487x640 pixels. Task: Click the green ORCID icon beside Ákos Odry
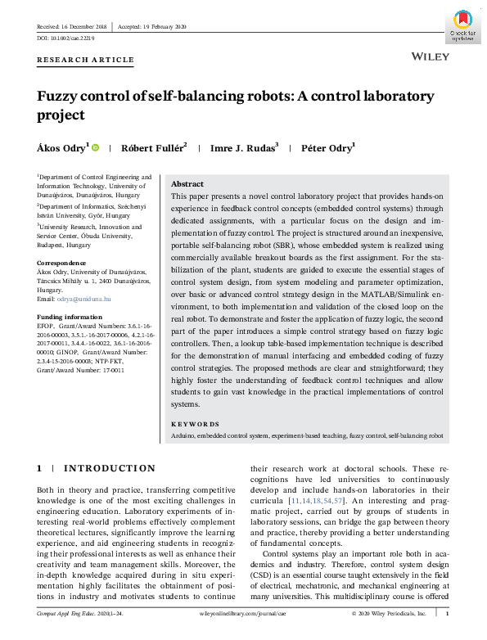[x=96, y=147]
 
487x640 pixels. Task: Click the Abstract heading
[x=187, y=185]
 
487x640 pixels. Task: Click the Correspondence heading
[x=62, y=263]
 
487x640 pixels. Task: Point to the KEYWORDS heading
[x=195, y=424]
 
